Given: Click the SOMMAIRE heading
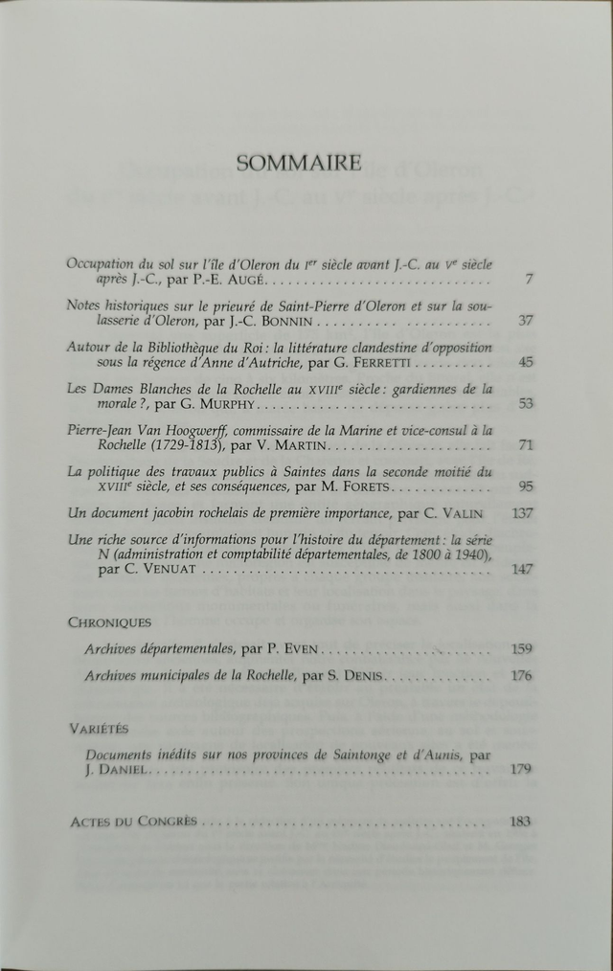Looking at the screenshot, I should (299, 163).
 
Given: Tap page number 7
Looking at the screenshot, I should (528, 280).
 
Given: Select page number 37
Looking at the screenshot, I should (525, 321).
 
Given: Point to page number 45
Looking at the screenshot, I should (525, 362).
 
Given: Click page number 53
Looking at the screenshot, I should (525, 404).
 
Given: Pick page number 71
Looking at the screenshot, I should (525, 445).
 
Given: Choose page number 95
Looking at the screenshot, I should (525, 486).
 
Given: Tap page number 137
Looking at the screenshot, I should (522, 513).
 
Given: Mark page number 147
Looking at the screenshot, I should (522, 569).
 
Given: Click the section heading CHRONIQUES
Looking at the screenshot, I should (110, 621).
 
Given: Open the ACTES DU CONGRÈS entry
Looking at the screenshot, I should (134, 822).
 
